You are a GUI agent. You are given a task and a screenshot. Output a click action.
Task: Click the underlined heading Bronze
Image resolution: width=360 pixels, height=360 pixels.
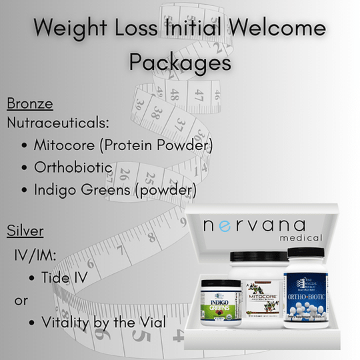pos(29,104)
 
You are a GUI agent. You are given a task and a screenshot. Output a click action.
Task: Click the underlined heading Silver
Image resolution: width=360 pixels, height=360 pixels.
pos(25,231)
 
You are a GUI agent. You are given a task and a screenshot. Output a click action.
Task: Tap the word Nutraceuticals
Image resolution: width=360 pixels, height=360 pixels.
pos(57,123)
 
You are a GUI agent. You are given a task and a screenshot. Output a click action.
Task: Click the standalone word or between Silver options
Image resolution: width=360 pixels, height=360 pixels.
pos(21,300)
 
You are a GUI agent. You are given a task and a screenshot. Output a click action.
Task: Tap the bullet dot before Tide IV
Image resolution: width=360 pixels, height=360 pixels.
pos(33,277)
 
